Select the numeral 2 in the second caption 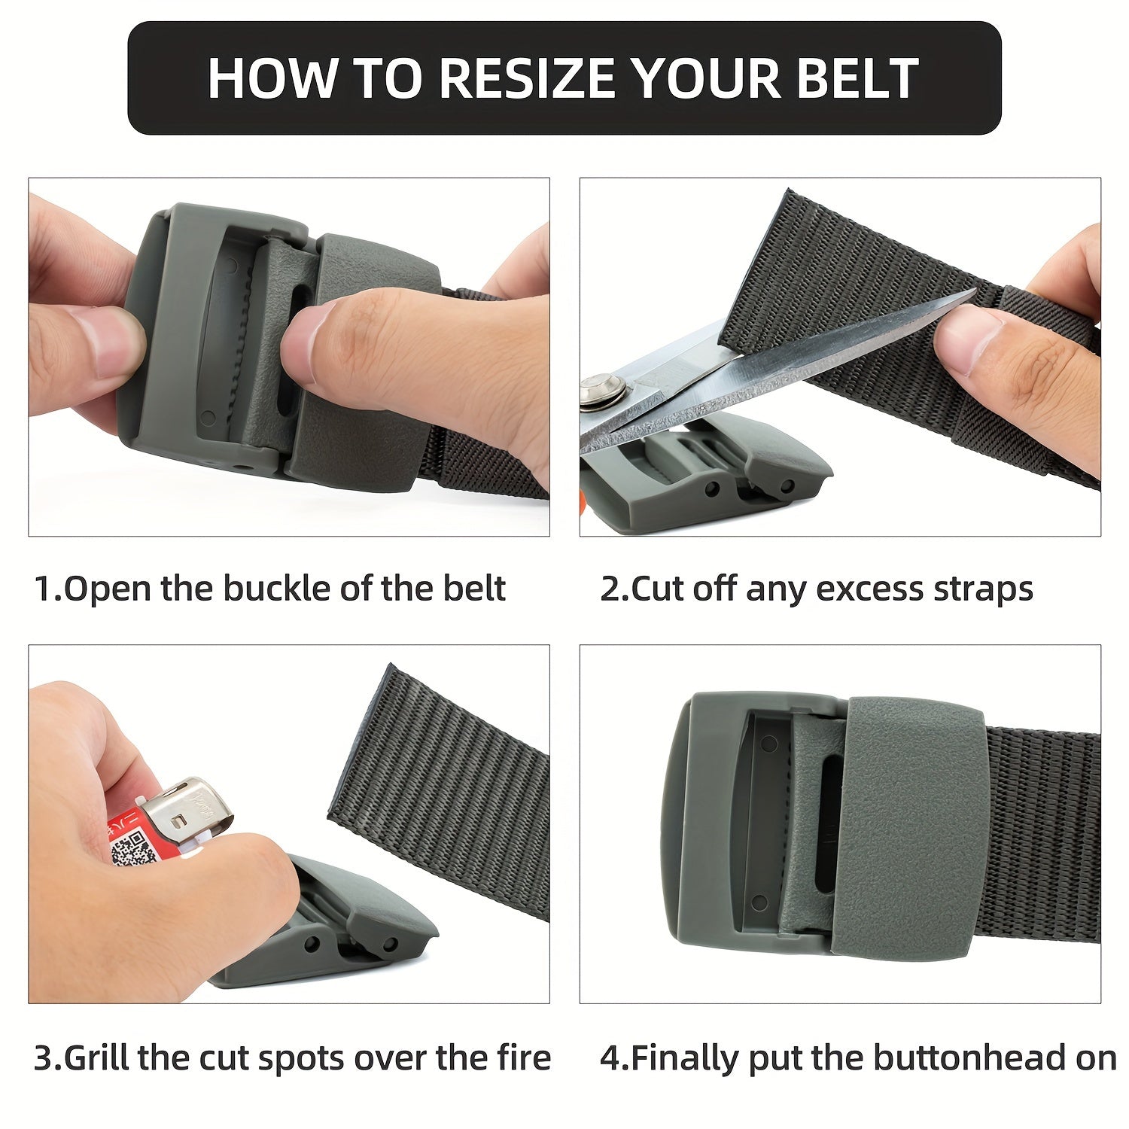click(x=609, y=589)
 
